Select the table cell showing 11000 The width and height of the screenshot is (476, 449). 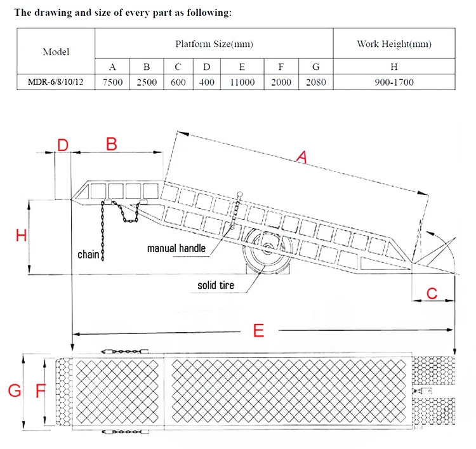tap(242, 82)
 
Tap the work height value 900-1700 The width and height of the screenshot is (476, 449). tap(393, 82)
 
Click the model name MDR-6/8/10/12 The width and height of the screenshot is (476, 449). tap(56, 82)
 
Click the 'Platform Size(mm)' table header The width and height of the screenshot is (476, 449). tap(214, 44)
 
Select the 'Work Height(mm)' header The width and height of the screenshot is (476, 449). tap(393, 44)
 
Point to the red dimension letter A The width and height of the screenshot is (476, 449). tap(301, 157)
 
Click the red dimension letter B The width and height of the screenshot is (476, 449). tap(111, 144)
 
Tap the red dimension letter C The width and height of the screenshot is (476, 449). tap(432, 293)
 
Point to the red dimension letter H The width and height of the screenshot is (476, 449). tap(21, 236)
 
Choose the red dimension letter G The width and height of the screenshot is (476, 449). tap(13, 391)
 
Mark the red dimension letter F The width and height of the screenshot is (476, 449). tap(40, 391)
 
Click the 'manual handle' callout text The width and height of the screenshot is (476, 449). tap(176, 248)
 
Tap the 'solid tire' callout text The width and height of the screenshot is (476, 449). tap(215, 286)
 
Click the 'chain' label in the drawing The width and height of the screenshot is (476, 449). tap(88, 255)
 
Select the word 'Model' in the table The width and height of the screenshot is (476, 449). tap(56, 51)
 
